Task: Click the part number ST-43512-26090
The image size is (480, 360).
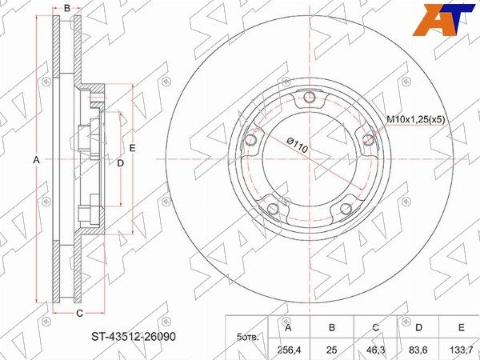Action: click(134, 337)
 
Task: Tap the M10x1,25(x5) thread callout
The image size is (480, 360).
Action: click(416, 119)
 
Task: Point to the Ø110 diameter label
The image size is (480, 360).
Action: click(298, 146)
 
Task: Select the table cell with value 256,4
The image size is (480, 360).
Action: click(288, 350)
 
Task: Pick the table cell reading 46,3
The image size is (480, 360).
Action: click(376, 350)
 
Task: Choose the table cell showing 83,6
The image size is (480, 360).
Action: click(419, 350)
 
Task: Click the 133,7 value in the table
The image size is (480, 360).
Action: click(462, 350)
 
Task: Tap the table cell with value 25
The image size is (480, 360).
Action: click(332, 350)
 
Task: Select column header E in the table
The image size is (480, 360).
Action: click(462, 327)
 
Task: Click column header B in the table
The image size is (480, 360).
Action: click(332, 327)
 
